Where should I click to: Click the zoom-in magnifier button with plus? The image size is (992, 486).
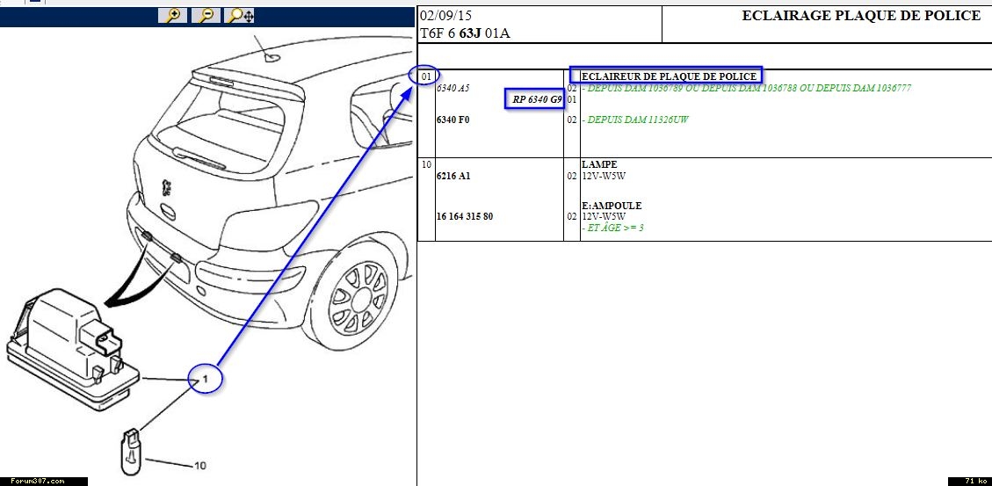point(173,15)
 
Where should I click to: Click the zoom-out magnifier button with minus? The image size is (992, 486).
point(206,15)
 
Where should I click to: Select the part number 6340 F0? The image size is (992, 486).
point(453,120)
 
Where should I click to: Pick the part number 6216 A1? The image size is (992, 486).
point(453,176)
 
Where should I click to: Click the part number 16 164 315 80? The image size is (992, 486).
point(465,216)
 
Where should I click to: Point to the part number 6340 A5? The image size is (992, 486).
point(453,88)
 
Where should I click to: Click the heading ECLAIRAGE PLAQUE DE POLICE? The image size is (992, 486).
point(861,16)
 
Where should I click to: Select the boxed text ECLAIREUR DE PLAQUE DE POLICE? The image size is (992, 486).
point(669,76)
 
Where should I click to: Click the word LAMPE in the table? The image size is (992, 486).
point(599,164)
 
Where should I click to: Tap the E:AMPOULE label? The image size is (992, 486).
point(612,206)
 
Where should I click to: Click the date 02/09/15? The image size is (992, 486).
point(446,16)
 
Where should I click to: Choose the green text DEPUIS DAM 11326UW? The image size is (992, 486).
point(638,120)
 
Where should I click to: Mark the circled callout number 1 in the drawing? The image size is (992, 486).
point(205,380)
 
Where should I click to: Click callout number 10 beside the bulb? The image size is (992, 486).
point(200,466)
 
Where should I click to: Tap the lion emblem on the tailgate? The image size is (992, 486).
point(167,188)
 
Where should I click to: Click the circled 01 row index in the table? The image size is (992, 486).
point(427,76)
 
